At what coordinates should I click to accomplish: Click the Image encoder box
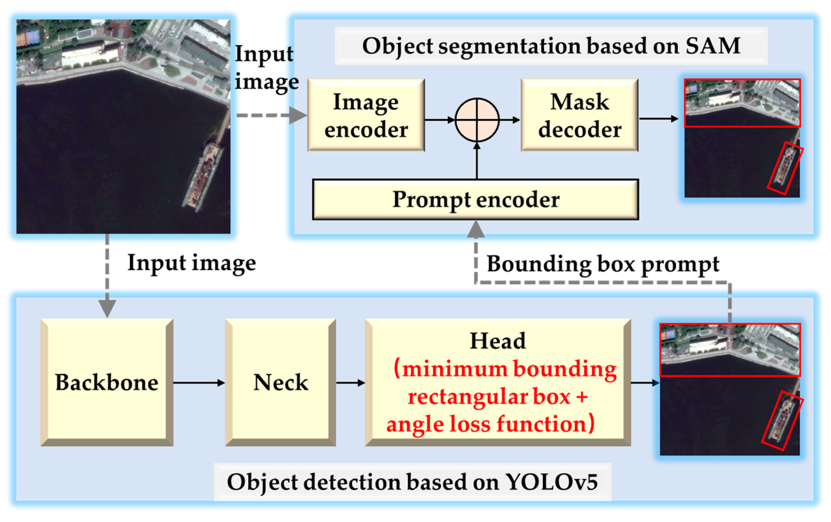pyautogui.click(x=366, y=115)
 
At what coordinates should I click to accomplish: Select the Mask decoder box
pyautogui.click(x=579, y=115)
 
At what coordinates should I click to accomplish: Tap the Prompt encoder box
pyautogui.click(x=475, y=199)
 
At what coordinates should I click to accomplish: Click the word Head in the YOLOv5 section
pyautogui.click(x=498, y=341)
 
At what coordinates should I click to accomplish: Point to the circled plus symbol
pyautogui.click(x=477, y=120)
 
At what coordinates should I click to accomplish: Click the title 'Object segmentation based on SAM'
pyautogui.click(x=551, y=46)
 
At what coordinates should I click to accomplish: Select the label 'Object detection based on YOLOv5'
pyautogui.click(x=412, y=482)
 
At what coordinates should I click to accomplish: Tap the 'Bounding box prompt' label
pyautogui.click(x=603, y=264)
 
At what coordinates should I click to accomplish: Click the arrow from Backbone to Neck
pyautogui.click(x=199, y=382)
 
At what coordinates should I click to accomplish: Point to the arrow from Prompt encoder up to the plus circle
pyautogui.click(x=477, y=160)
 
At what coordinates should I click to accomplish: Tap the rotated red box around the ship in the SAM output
pyautogui.click(x=785, y=168)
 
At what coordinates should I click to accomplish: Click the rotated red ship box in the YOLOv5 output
pyautogui.click(x=782, y=420)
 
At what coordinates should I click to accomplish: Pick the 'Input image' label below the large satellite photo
pyautogui.click(x=192, y=263)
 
